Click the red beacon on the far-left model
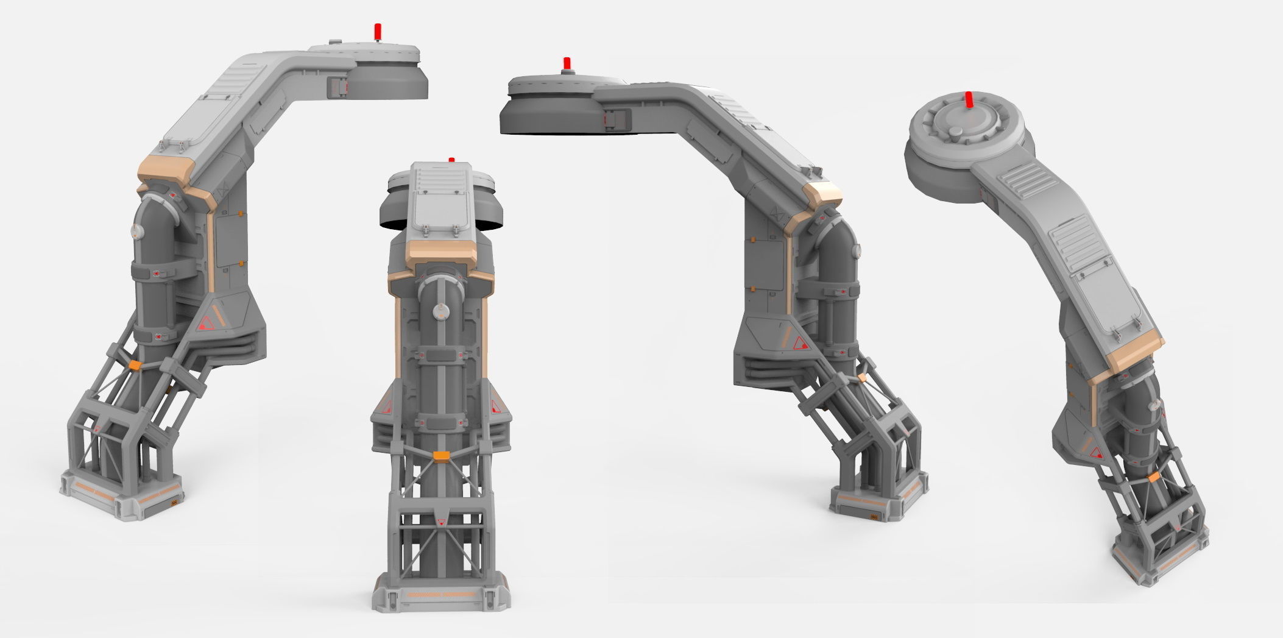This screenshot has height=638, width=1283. coord(378,31)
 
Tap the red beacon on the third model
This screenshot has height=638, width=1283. coord(567,63)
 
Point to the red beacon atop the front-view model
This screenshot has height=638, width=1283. coord(451,160)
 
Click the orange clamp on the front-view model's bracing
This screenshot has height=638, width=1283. coord(440,455)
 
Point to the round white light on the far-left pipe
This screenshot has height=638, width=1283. coord(136,230)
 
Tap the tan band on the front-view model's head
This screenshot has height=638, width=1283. coord(441,251)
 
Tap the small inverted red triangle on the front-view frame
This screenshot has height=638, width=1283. coord(441,522)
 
